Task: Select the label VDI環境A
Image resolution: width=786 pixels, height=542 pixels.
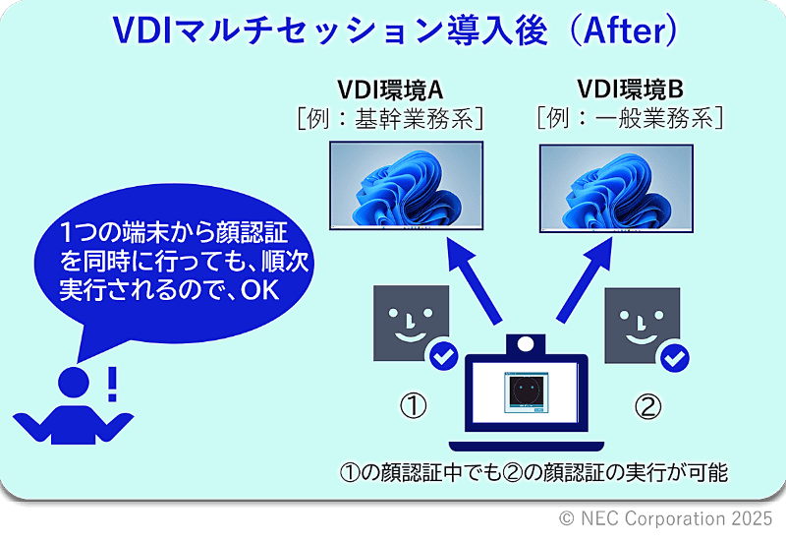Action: click(x=391, y=90)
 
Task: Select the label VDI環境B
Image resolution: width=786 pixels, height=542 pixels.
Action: click(x=630, y=90)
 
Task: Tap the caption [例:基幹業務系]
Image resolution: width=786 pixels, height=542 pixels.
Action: click(x=391, y=119)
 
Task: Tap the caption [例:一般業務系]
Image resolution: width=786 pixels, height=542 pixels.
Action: click(x=630, y=119)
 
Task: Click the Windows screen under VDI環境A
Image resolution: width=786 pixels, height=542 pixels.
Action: click(x=405, y=186)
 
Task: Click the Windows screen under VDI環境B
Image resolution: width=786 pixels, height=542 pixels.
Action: click(x=617, y=186)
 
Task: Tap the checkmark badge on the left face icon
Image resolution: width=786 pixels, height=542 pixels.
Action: click(x=444, y=356)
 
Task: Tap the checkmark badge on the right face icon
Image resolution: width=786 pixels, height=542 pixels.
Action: click(x=673, y=356)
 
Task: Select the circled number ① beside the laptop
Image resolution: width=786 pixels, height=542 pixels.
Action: click(x=413, y=406)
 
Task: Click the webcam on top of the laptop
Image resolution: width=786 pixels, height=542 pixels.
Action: click(x=527, y=344)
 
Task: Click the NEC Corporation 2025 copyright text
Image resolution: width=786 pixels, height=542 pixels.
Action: click(x=665, y=518)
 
